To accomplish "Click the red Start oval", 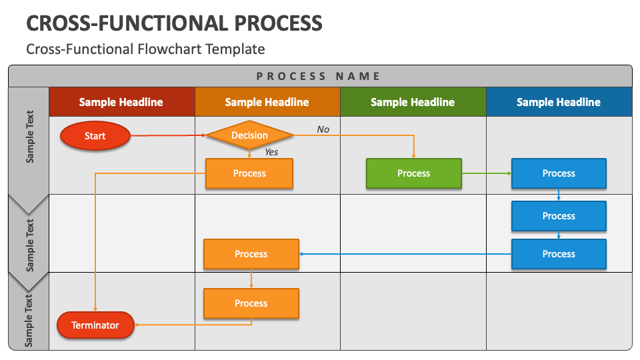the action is coord(95,135).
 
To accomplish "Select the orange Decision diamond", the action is coord(249,135).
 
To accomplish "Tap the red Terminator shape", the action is coord(95,325).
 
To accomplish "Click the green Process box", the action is coord(414,173).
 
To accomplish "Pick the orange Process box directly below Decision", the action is coord(249,173).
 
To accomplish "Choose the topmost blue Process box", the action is coord(559,173).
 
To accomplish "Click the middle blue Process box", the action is coord(559,215).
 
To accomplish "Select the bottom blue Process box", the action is coord(559,254).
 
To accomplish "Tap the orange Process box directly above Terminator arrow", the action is coord(251,303).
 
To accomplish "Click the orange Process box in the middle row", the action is coord(251,254).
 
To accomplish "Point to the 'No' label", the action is coord(323,129).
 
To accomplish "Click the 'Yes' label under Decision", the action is coord(271,152).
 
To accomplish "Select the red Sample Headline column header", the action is coord(121,101).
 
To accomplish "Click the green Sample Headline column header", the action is coord(413,101).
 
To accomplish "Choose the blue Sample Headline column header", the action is coord(559,101).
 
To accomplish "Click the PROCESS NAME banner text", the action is coord(319,76).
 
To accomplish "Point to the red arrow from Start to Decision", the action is coord(168,135).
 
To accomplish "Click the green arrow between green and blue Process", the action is coord(487,173).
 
